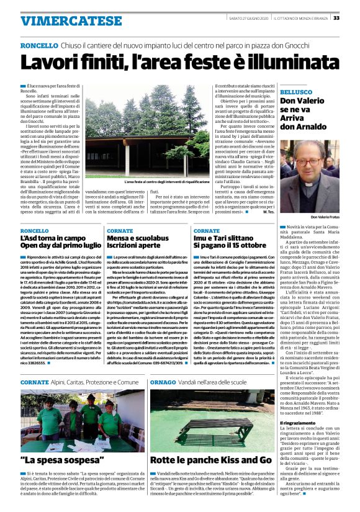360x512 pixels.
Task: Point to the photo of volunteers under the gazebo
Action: click(82, 431)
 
